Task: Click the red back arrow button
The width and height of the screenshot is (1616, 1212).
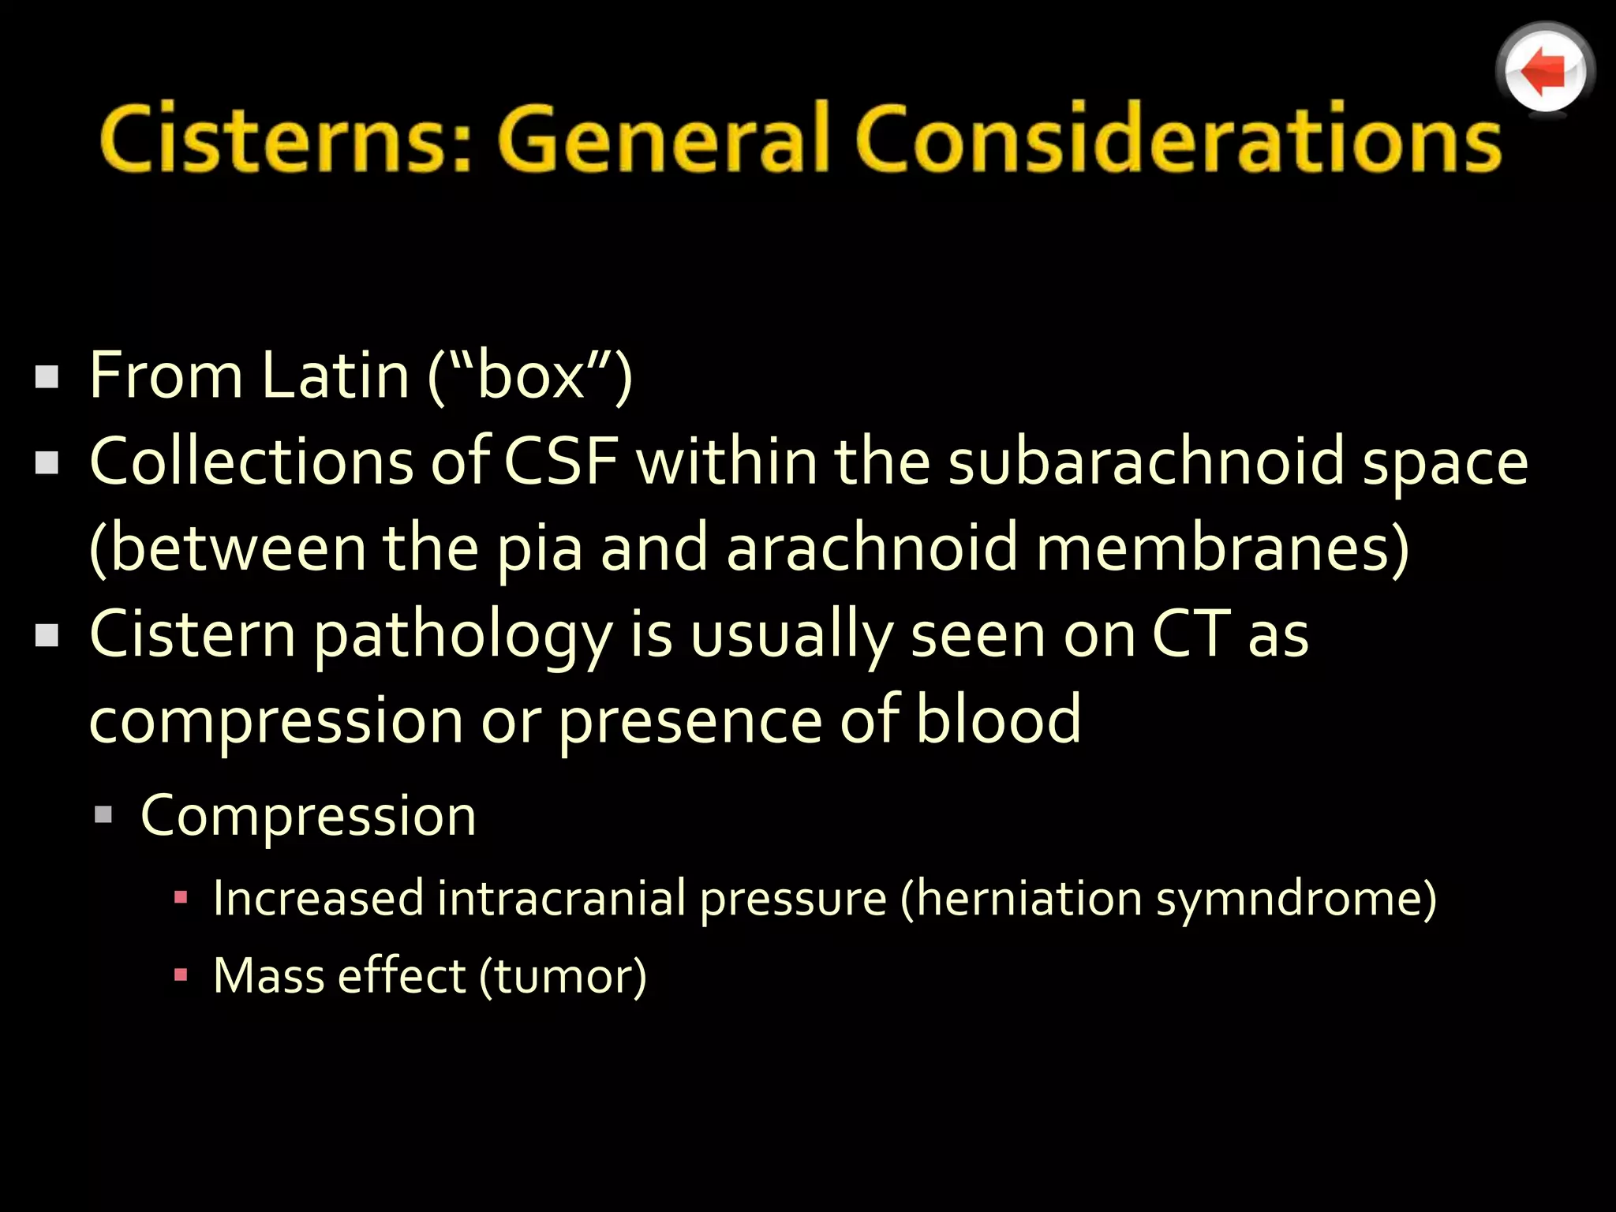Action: pyautogui.click(x=1544, y=72)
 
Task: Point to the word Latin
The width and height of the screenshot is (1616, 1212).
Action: pyautogui.click(x=335, y=376)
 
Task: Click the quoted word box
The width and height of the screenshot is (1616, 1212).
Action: pyautogui.click(x=530, y=376)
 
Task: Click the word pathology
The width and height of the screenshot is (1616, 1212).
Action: pyautogui.click(x=462, y=636)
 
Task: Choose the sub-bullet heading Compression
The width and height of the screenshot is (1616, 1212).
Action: pyautogui.click(x=309, y=816)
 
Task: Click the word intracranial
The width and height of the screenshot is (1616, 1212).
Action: pyautogui.click(x=561, y=899)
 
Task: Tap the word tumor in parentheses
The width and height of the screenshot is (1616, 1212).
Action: pyautogui.click(x=563, y=977)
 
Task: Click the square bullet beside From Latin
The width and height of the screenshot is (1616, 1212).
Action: pyautogui.click(x=47, y=377)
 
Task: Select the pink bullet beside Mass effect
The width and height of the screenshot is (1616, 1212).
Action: pyautogui.click(x=181, y=975)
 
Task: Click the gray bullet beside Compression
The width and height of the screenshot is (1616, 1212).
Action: pyautogui.click(x=103, y=814)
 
